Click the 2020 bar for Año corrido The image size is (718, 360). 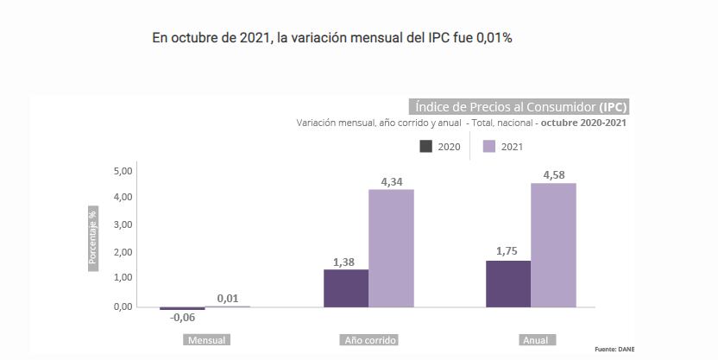(345, 288)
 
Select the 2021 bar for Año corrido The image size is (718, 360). (391, 249)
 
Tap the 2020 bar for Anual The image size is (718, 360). (507, 283)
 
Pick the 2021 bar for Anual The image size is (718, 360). (553, 245)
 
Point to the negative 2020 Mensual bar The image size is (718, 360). (182, 308)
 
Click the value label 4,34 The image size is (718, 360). (391, 182)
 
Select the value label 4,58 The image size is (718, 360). (553, 175)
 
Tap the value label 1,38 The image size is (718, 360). (344, 262)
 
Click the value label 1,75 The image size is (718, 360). (507, 251)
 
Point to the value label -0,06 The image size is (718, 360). (182, 318)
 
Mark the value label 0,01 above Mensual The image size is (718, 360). (228, 299)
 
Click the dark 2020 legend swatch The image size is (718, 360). (425, 146)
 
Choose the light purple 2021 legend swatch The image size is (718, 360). (488, 146)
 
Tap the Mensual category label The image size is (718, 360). (206, 340)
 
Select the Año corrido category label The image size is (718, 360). (370, 340)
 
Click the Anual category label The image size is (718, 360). (535, 340)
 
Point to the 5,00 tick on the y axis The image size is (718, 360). (123, 171)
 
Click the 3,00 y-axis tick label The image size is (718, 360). (123, 224)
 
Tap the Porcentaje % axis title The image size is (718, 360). (93, 237)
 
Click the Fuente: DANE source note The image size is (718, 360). (614, 349)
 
